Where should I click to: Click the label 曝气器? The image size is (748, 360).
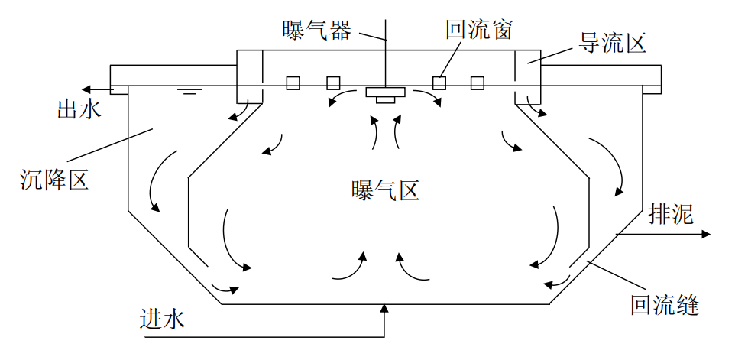click(316, 30)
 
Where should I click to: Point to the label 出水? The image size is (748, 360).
click(79, 109)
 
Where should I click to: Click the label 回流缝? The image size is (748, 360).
click(665, 306)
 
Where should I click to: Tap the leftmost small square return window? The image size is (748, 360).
click(293, 83)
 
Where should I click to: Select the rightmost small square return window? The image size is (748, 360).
click(478, 83)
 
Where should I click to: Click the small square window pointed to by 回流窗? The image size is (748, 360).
click(439, 83)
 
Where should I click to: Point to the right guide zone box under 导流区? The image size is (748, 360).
click(527, 76)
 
